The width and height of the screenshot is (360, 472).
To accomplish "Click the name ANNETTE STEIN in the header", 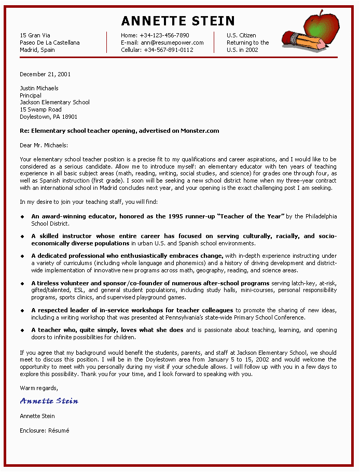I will point(178,21).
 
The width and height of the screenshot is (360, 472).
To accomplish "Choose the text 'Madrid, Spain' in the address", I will point(37,50).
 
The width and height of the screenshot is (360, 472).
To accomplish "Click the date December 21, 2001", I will point(45,74).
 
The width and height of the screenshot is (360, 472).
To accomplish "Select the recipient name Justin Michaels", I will point(39,88).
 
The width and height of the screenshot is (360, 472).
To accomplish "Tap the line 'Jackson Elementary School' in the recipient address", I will point(54,102).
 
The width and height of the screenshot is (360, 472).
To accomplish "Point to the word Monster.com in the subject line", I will point(200,131).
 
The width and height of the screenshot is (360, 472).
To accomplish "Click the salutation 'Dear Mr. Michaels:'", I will point(44,145).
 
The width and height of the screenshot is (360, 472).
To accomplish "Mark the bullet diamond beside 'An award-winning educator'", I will point(22,216).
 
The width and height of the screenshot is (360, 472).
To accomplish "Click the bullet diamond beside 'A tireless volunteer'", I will point(22,284).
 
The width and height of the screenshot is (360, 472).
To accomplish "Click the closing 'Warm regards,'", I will point(39,387).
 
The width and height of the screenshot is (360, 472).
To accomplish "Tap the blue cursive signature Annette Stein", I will point(49,401).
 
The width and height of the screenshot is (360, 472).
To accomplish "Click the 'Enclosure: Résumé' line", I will point(45,430).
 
